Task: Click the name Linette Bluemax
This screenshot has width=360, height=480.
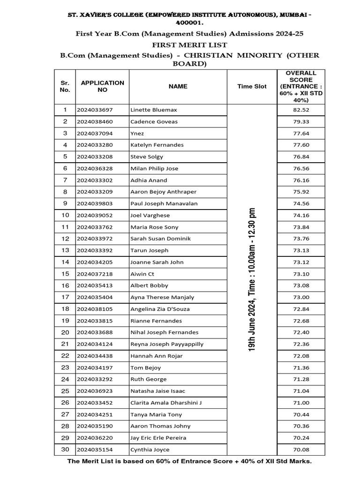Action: [153, 110]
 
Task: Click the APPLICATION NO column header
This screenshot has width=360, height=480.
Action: [103, 86]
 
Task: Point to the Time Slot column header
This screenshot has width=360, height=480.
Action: [252, 86]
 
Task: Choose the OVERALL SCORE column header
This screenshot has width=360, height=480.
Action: [301, 86]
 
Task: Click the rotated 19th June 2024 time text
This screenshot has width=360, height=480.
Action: [252, 279]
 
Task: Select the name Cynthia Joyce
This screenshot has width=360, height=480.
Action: [150, 450]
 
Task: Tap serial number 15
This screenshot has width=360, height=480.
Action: [65, 274]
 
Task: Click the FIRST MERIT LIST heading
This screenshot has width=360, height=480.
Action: [189, 45]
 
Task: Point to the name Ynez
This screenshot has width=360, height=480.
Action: [137, 133]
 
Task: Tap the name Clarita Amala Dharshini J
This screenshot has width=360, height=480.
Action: [166, 403]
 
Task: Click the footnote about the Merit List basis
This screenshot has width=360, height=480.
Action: [189, 461]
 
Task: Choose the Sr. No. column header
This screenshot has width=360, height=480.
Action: [65, 86]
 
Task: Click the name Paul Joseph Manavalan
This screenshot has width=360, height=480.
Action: [164, 203]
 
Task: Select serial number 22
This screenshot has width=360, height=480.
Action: [65, 356]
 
